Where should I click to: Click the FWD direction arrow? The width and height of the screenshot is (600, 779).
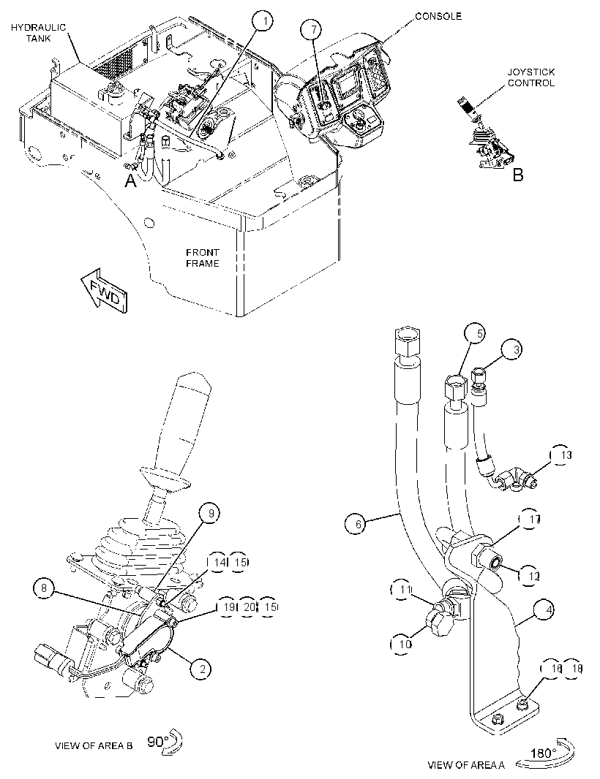pos(105,291)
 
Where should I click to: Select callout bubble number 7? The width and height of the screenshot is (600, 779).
pos(312,30)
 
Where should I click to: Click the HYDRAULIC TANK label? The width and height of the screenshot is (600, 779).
pos(38,32)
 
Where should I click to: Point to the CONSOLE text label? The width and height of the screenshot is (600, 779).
pos(438,16)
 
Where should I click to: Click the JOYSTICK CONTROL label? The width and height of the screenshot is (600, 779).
pos(530,77)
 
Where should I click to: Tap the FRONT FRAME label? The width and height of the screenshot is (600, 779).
pos(203,258)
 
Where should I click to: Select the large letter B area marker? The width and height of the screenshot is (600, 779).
pos(518,175)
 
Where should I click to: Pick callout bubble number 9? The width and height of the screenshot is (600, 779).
pos(211,513)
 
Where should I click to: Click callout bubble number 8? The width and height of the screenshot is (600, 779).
pos(45,589)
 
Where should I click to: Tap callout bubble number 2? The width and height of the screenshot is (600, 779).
pos(202,669)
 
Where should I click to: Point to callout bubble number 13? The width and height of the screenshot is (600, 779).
pos(561,455)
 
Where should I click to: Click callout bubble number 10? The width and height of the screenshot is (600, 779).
pos(402,644)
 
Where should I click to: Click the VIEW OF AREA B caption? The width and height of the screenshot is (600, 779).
pos(94,745)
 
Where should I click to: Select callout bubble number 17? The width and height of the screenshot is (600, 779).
pos(531,520)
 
